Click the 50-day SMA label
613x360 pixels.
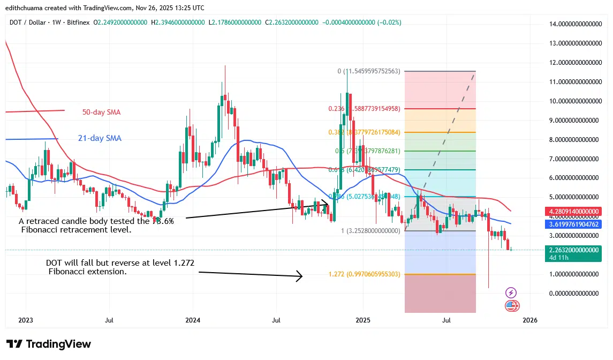(x=101, y=112)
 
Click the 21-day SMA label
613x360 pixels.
(x=100, y=138)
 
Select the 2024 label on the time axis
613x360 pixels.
(x=193, y=320)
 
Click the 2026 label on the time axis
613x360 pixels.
(x=529, y=320)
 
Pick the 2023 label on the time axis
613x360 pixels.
(x=25, y=320)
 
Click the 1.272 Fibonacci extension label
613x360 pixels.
(x=364, y=274)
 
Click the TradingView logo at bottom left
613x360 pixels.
(x=49, y=344)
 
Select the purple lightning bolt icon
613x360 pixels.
(x=511, y=292)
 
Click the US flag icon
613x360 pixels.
(x=511, y=306)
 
